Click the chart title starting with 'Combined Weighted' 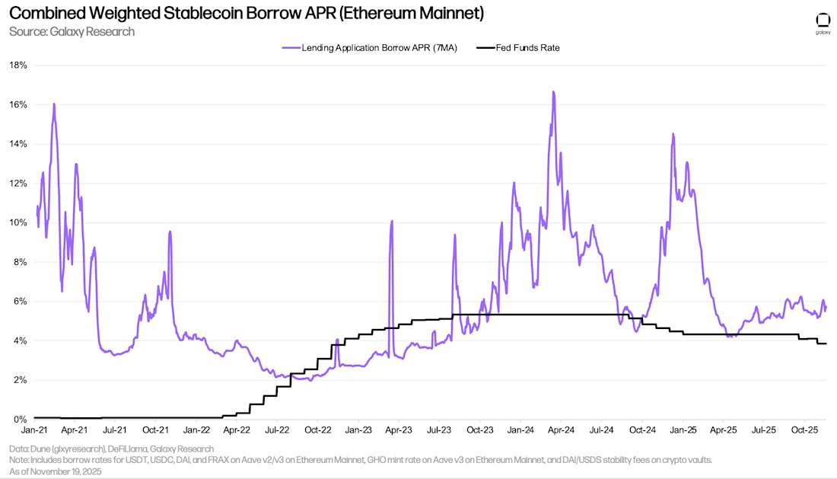coord(246,14)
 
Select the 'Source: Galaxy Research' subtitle coord(72,31)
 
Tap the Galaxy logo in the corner coord(823,23)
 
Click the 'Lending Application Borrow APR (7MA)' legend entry coord(369,47)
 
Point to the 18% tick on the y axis coord(18,65)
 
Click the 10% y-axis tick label coord(18,222)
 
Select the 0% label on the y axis coord(21,419)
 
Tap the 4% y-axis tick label coord(21,340)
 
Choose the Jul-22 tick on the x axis coord(277,430)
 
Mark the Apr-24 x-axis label coord(561,430)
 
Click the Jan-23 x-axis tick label coord(358,430)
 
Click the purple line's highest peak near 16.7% coord(553,92)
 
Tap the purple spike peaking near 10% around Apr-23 coord(392,222)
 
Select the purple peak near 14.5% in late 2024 coord(673,134)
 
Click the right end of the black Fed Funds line coord(826,343)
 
